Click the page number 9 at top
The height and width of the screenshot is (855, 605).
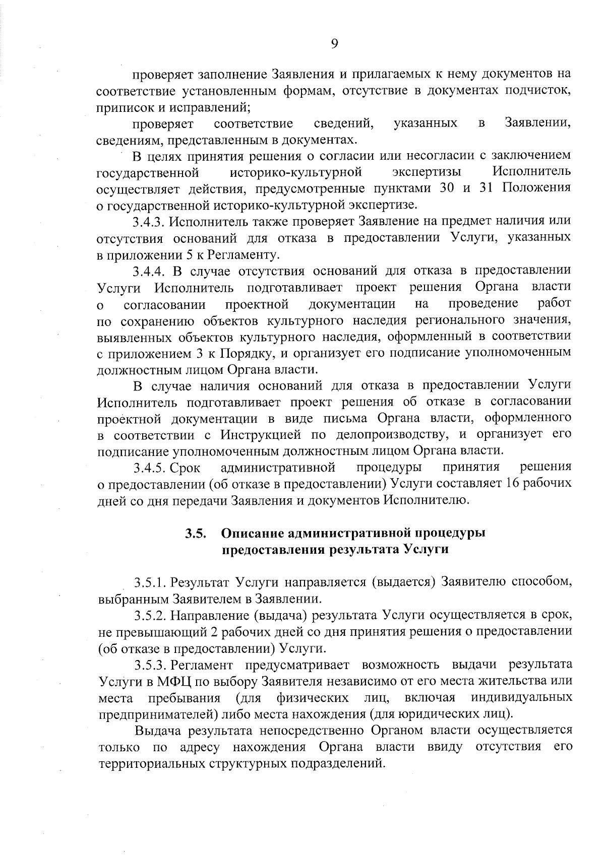[x=334, y=44]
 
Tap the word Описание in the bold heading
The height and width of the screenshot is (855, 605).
[x=253, y=533]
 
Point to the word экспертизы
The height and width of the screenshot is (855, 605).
[x=427, y=172]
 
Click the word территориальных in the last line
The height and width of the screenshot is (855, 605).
[x=151, y=764]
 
